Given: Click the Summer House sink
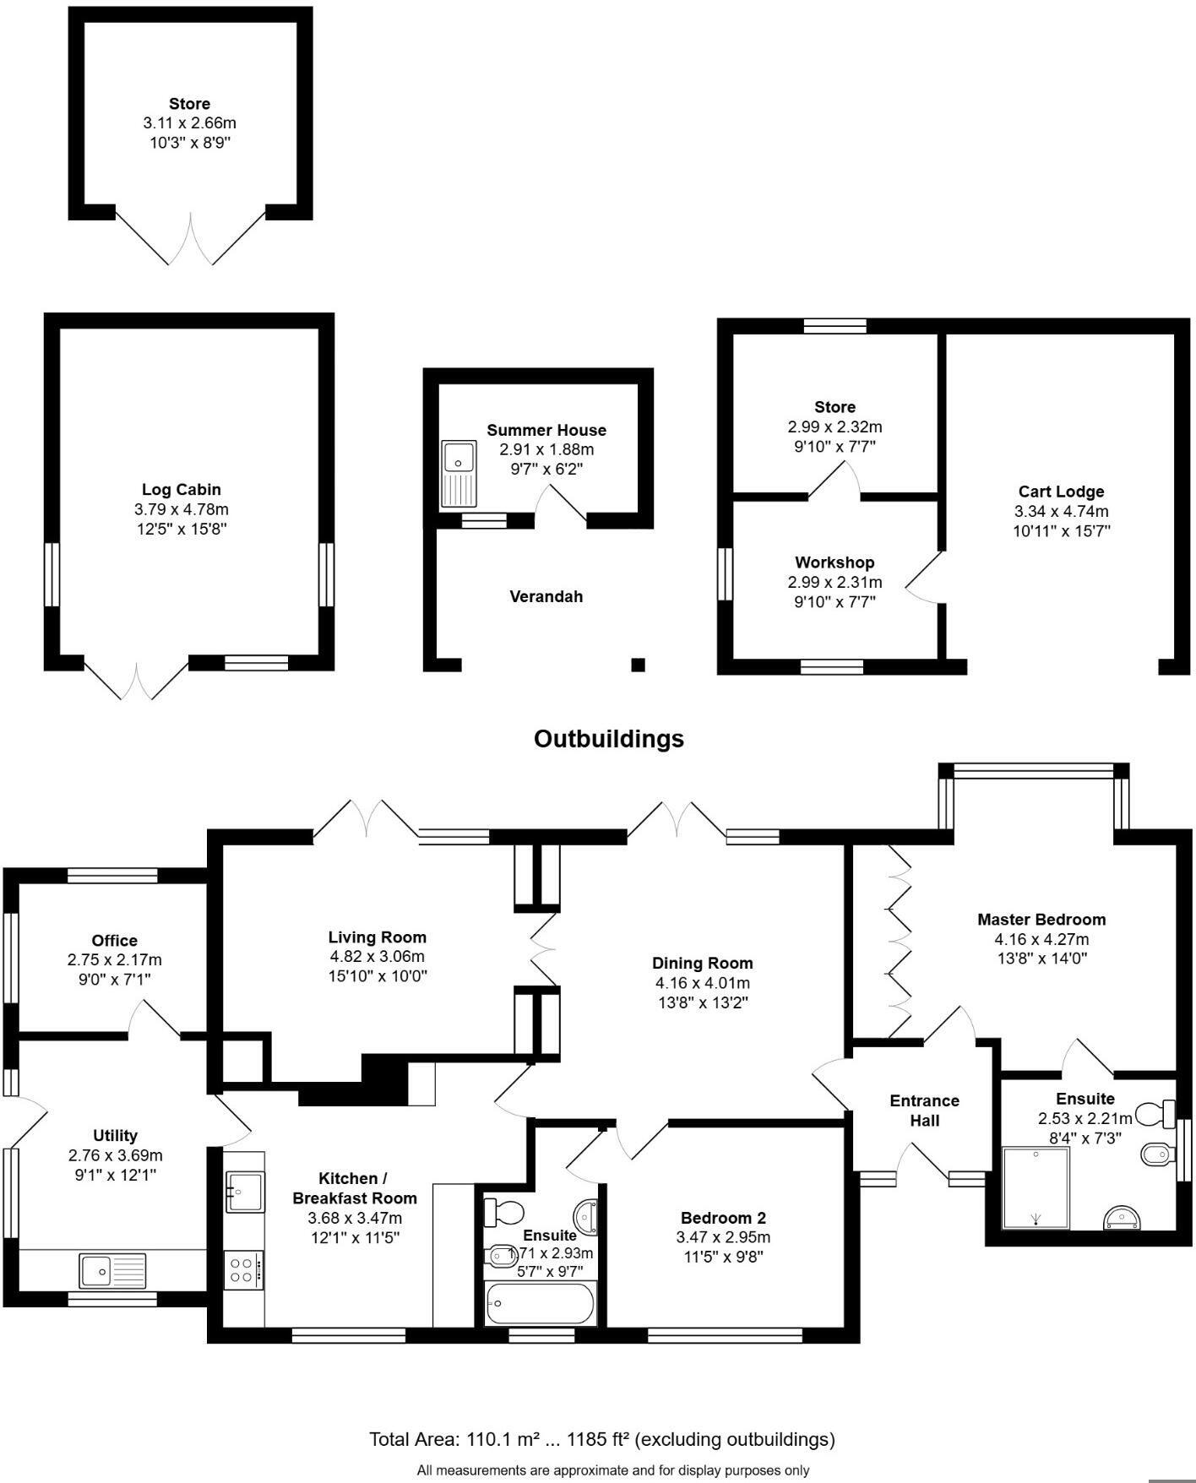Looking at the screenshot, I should [459, 474].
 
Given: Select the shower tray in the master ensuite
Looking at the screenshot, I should [1036, 1187].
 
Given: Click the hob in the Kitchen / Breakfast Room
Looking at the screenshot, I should [243, 1269].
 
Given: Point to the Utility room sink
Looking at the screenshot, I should [112, 1270].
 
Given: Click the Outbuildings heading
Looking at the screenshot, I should [608, 739].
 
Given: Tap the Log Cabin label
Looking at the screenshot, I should [181, 490].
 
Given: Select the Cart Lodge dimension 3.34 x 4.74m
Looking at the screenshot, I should [1061, 512].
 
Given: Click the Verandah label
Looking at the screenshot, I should [546, 597].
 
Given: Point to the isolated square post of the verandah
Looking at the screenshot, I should [639, 665].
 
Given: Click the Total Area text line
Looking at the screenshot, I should [601, 1439].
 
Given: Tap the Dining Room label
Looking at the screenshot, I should [702, 964].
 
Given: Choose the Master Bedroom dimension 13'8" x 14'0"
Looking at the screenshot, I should [1041, 959].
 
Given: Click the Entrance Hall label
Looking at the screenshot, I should [924, 1111].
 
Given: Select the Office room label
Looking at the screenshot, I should [114, 941].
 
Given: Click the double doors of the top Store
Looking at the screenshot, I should [191, 238].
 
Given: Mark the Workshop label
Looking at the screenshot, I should [834, 562].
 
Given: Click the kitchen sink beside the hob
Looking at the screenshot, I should [244, 1192].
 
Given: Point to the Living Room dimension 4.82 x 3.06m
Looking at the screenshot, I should [377, 957].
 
